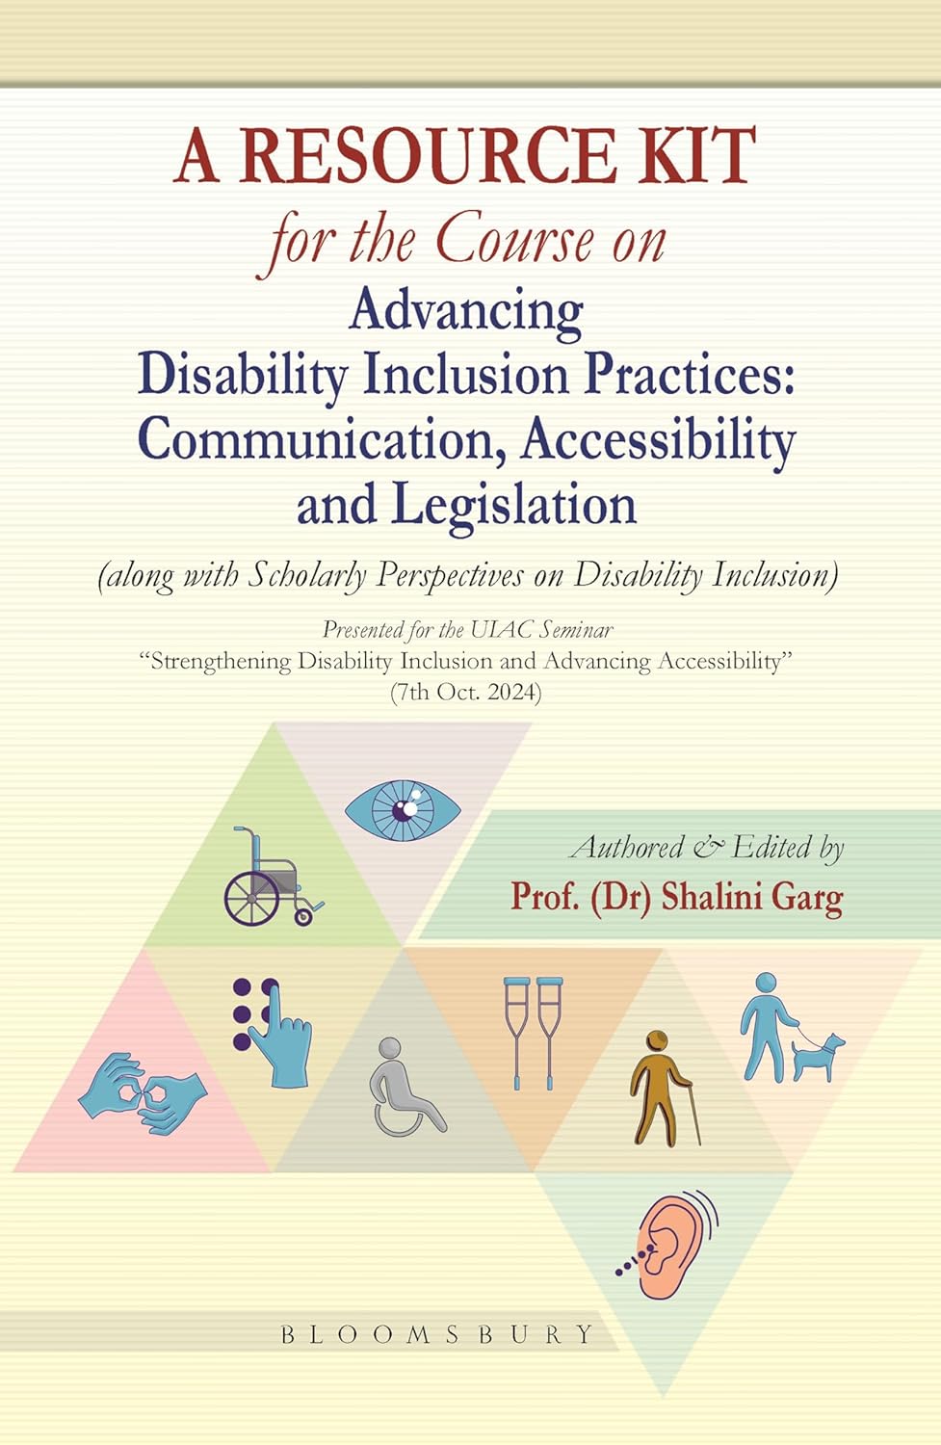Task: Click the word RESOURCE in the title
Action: (427, 156)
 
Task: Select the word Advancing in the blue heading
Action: (466, 310)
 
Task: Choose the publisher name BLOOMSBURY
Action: (437, 1334)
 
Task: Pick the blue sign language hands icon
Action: (143, 1091)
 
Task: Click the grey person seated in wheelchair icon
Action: (405, 1086)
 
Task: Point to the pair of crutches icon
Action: (534, 1032)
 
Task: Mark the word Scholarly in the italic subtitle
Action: (308, 574)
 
